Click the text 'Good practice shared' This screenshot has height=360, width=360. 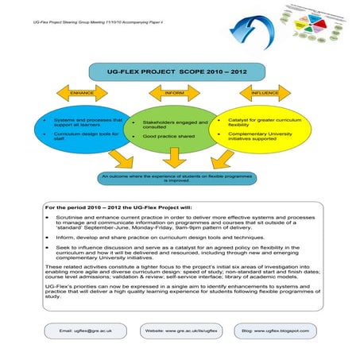(x=169, y=136)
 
